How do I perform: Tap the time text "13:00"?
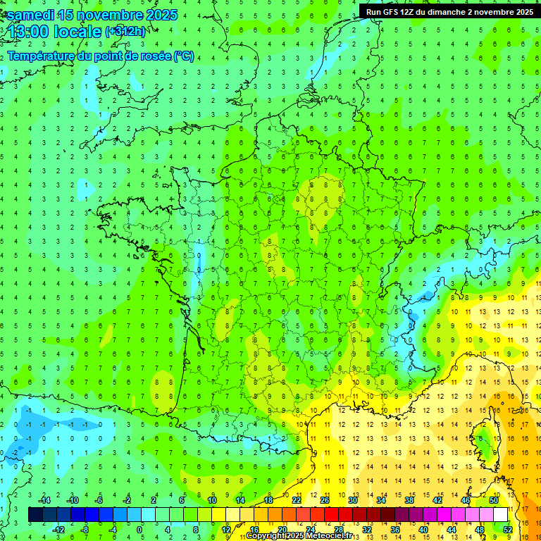[x=31, y=32]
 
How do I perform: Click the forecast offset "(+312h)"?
[x=125, y=32]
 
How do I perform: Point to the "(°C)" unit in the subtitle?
[x=184, y=56]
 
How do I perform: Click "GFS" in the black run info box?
[x=390, y=11]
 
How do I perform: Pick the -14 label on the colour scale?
[x=44, y=500]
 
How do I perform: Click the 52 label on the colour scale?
[x=507, y=529]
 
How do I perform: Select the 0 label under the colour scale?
[x=140, y=529]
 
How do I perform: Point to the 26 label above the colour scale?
[x=325, y=500]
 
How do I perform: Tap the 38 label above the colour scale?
[x=409, y=500]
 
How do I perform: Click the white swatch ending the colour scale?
[x=500, y=514]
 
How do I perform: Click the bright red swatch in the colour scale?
[x=331, y=514]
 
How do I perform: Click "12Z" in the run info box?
[x=409, y=11]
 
